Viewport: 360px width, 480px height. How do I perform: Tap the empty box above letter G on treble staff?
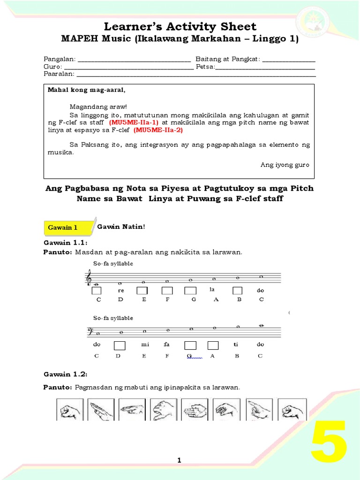pyautogui.click(x=190, y=291)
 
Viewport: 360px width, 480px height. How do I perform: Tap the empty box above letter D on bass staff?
pyautogui.click(x=120, y=345)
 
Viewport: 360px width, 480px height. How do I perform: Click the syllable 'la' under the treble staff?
pyautogui.click(x=212, y=290)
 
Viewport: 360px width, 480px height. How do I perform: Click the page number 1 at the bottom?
pyautogui.click(x=179, y=461)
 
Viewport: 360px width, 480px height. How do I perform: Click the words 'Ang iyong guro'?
pyautogui.click(x=285, y=165)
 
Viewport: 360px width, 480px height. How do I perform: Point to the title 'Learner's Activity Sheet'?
pyautogui.click(x=180, y=26)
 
